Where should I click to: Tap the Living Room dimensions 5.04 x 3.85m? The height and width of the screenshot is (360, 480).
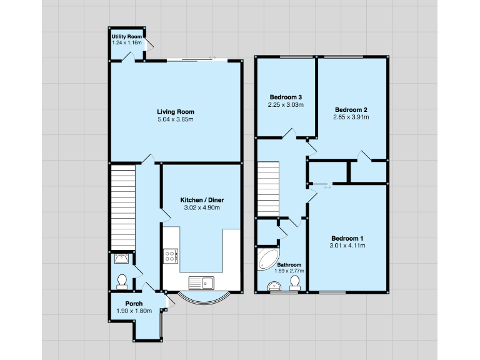point(175,119)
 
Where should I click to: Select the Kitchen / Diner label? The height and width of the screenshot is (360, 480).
point(201,199)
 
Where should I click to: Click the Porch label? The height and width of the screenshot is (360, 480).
point(134,304)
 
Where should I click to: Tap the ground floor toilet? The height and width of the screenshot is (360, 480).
point(122,282)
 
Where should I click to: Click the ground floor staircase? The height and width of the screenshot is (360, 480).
point(122,206)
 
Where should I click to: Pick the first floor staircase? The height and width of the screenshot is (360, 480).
point(267,188)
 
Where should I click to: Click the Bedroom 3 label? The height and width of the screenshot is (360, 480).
point(286,97)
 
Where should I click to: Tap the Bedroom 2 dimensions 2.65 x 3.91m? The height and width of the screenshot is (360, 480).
point(351,117)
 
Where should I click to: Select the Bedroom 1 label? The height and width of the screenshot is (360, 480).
point(347,238)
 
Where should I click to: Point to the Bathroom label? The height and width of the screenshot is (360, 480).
point(289,264)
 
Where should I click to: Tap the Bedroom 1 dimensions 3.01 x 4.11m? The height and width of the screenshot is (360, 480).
point(347,246)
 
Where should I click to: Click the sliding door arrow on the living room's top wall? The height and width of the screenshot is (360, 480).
point(212,57)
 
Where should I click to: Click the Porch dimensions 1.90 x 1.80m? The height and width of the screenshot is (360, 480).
point(134,311)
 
